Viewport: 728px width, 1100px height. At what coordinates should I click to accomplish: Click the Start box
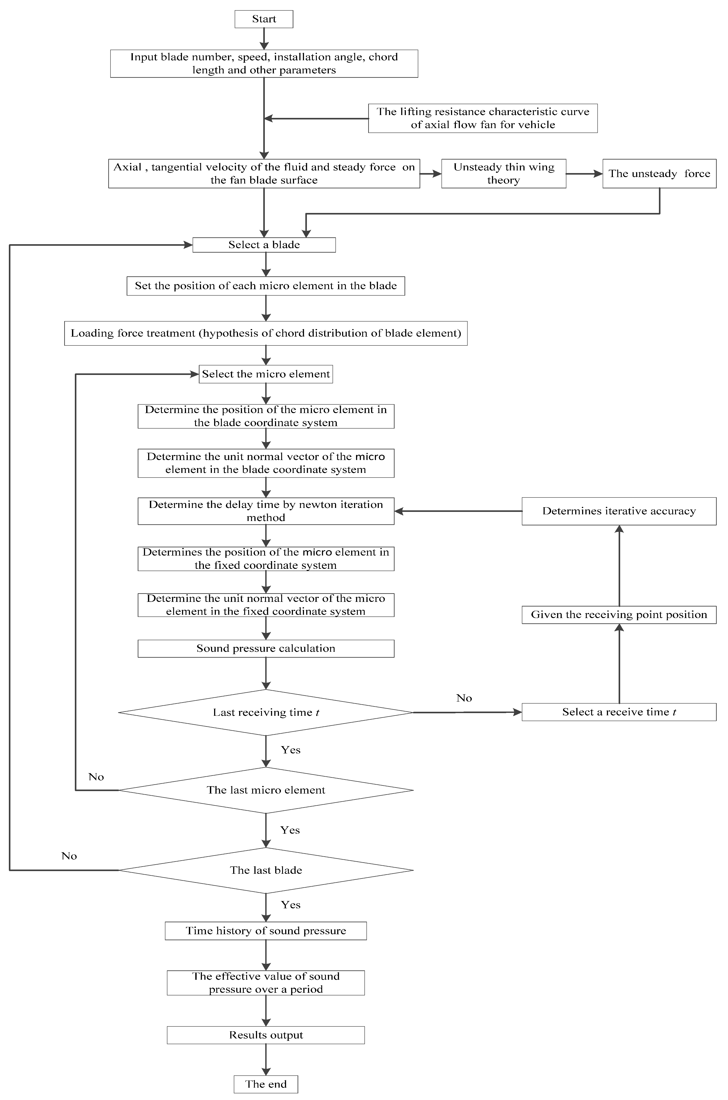[x=264, y=19]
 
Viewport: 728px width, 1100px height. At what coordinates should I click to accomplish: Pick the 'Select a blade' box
[x=264, y=245]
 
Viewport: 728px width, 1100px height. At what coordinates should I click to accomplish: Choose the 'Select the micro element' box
[x=265, y=374]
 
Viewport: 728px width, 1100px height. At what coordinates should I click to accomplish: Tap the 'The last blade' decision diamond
[x=265, y=870]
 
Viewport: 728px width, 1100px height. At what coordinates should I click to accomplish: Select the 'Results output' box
[x=265, y=1035]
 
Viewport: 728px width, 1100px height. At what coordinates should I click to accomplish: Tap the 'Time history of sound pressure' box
[x=265, y=930]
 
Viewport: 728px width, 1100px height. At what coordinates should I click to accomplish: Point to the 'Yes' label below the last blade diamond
[x=291, y=904]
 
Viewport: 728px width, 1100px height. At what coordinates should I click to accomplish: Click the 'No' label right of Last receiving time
[x=464, y=698]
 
